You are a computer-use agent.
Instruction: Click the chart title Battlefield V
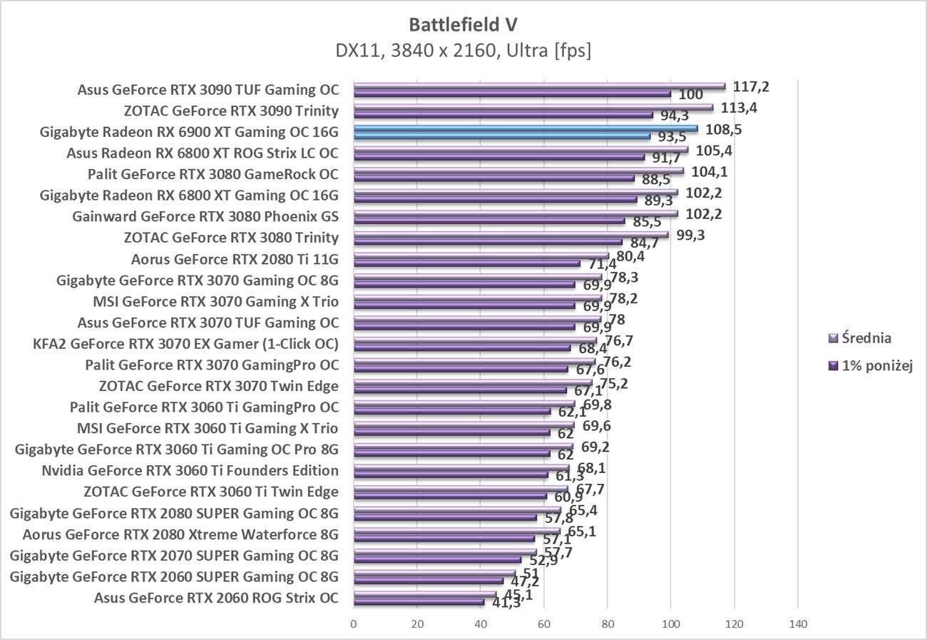pyautogui.click(x=463, y=25)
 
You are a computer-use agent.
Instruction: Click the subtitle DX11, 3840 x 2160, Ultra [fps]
pyautogui.click(x=463, y=51)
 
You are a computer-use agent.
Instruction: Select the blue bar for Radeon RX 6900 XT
pyautogui.click(x=525, y=128)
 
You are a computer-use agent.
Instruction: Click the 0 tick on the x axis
pyautogui.click(x=354, y=625)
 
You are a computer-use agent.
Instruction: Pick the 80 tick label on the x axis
pyautogui.click(x=608, y=625)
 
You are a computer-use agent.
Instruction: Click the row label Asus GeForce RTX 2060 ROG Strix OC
pyautogui.click(x=216, y=598)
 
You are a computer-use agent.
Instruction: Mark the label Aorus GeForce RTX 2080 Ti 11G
pyautogui.click(x=235, y=259)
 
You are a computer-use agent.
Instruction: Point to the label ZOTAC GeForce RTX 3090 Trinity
pyautogui.click(x=231, y=111)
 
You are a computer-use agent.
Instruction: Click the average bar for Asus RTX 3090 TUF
pyautogui.click(x=538, y=86)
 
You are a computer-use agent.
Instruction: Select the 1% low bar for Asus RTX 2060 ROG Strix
pyautogui.click(x=419, y=602)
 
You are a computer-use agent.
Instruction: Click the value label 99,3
pyautogui.click(x=690, y=235)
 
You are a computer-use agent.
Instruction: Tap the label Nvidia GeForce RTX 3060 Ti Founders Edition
pyautogui.click(x=190, y=471)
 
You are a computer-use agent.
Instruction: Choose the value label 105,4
pyautogui.click(x=714, y=151)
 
